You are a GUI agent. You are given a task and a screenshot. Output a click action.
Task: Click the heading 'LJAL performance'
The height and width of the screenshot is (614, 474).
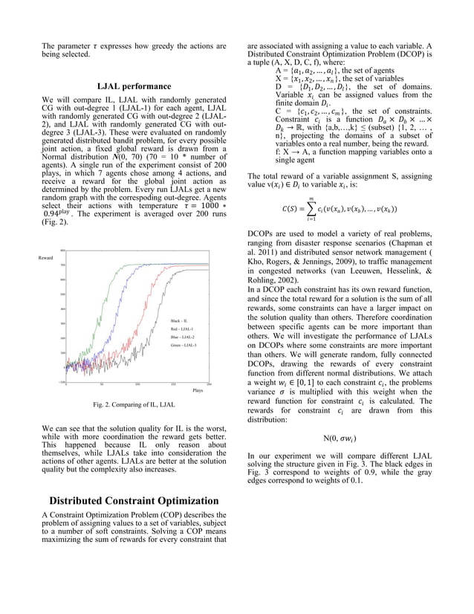(x=134, y=86)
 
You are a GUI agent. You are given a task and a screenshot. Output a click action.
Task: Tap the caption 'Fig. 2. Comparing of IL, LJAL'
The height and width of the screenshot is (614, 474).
(x=134, y=404)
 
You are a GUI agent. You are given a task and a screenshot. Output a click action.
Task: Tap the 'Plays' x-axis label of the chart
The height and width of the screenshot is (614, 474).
(x=198, y=390)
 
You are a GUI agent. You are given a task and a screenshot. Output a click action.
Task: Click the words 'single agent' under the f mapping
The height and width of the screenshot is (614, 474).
(x=295, y=159)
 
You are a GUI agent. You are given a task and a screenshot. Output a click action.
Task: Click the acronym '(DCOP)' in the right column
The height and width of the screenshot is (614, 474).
(x=418, y=54)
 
